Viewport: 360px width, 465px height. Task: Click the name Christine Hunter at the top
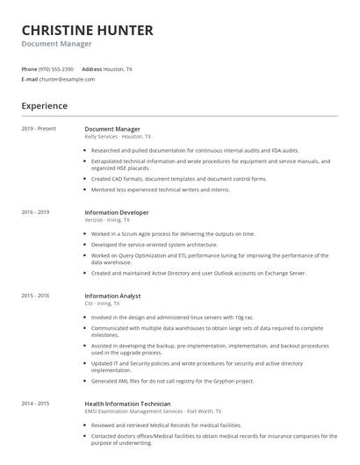(x=87, y=31)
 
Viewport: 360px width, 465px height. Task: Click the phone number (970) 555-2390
(x=57, y=68)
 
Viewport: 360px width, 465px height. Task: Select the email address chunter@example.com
(x=67, y=79)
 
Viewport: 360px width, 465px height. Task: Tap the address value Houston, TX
(x=119, y=68)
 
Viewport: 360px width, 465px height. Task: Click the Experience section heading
(x=44, y=106)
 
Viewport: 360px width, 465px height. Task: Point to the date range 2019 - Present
(x=39, y=129)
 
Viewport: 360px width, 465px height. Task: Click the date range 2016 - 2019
(x=35, y=212)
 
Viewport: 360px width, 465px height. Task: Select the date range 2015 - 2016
(x=35, y=296)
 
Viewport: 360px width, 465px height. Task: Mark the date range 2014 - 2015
(x=35, y=403)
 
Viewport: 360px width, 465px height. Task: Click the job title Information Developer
(x=116, y=212)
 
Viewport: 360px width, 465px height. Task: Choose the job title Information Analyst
(x=112, y=296)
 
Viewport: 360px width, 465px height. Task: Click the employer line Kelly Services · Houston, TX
(x=118, y=137)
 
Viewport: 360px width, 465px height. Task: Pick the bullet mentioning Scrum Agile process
(x=173, y=234)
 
